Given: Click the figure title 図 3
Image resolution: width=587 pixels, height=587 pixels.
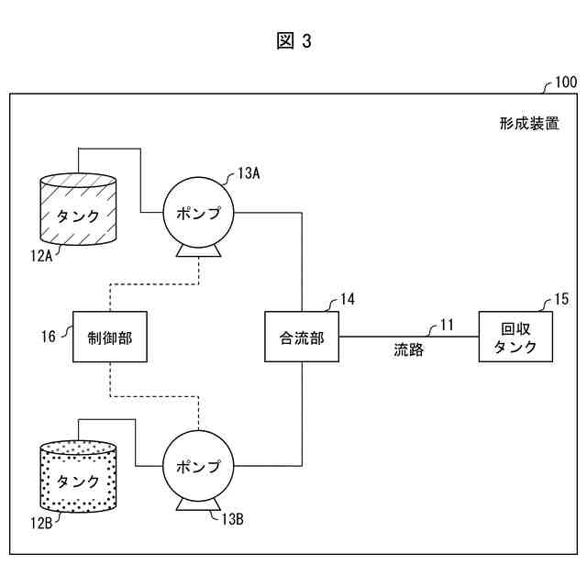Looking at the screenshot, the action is tap(293, 40).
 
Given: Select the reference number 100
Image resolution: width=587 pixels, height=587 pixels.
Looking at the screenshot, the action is tap(566, 82).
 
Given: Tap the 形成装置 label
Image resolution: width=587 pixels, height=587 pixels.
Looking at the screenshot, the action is tap(529, 123).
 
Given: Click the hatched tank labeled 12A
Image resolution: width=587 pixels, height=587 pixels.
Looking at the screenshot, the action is tap(78, 209).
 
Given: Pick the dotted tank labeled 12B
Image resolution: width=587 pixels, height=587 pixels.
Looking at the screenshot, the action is tap(78, 476).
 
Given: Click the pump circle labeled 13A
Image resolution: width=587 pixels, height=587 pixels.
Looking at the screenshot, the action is tap(198, 212).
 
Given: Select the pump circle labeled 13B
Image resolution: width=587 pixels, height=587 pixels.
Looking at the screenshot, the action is tap(198, 465).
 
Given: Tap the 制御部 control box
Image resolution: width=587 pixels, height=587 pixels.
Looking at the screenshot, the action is tap(110, 337).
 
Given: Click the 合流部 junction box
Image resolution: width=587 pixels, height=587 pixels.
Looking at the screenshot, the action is tap(302, 337).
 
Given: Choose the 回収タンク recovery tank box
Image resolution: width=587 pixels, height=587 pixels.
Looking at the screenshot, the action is tap(515, 337).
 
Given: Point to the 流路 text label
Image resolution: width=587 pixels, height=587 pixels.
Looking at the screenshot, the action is tap(409, 349).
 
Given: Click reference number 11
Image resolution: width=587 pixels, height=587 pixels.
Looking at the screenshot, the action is tap(447, 325).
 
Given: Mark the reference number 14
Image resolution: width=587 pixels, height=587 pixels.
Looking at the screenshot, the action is tap(348, 299).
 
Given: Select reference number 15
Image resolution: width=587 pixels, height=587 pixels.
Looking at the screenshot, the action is tap(561, 299).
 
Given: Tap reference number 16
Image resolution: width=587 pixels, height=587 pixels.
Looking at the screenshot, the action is tap(49, 337).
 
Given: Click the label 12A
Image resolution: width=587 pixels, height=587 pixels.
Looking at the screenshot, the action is tap(41, 256).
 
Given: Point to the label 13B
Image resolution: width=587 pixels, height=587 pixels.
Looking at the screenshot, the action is tap(232, 519).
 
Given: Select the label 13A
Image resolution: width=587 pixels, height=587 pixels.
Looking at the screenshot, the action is tap(249, 173).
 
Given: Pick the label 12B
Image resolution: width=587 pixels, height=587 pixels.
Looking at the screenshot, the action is tap(41, 523).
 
